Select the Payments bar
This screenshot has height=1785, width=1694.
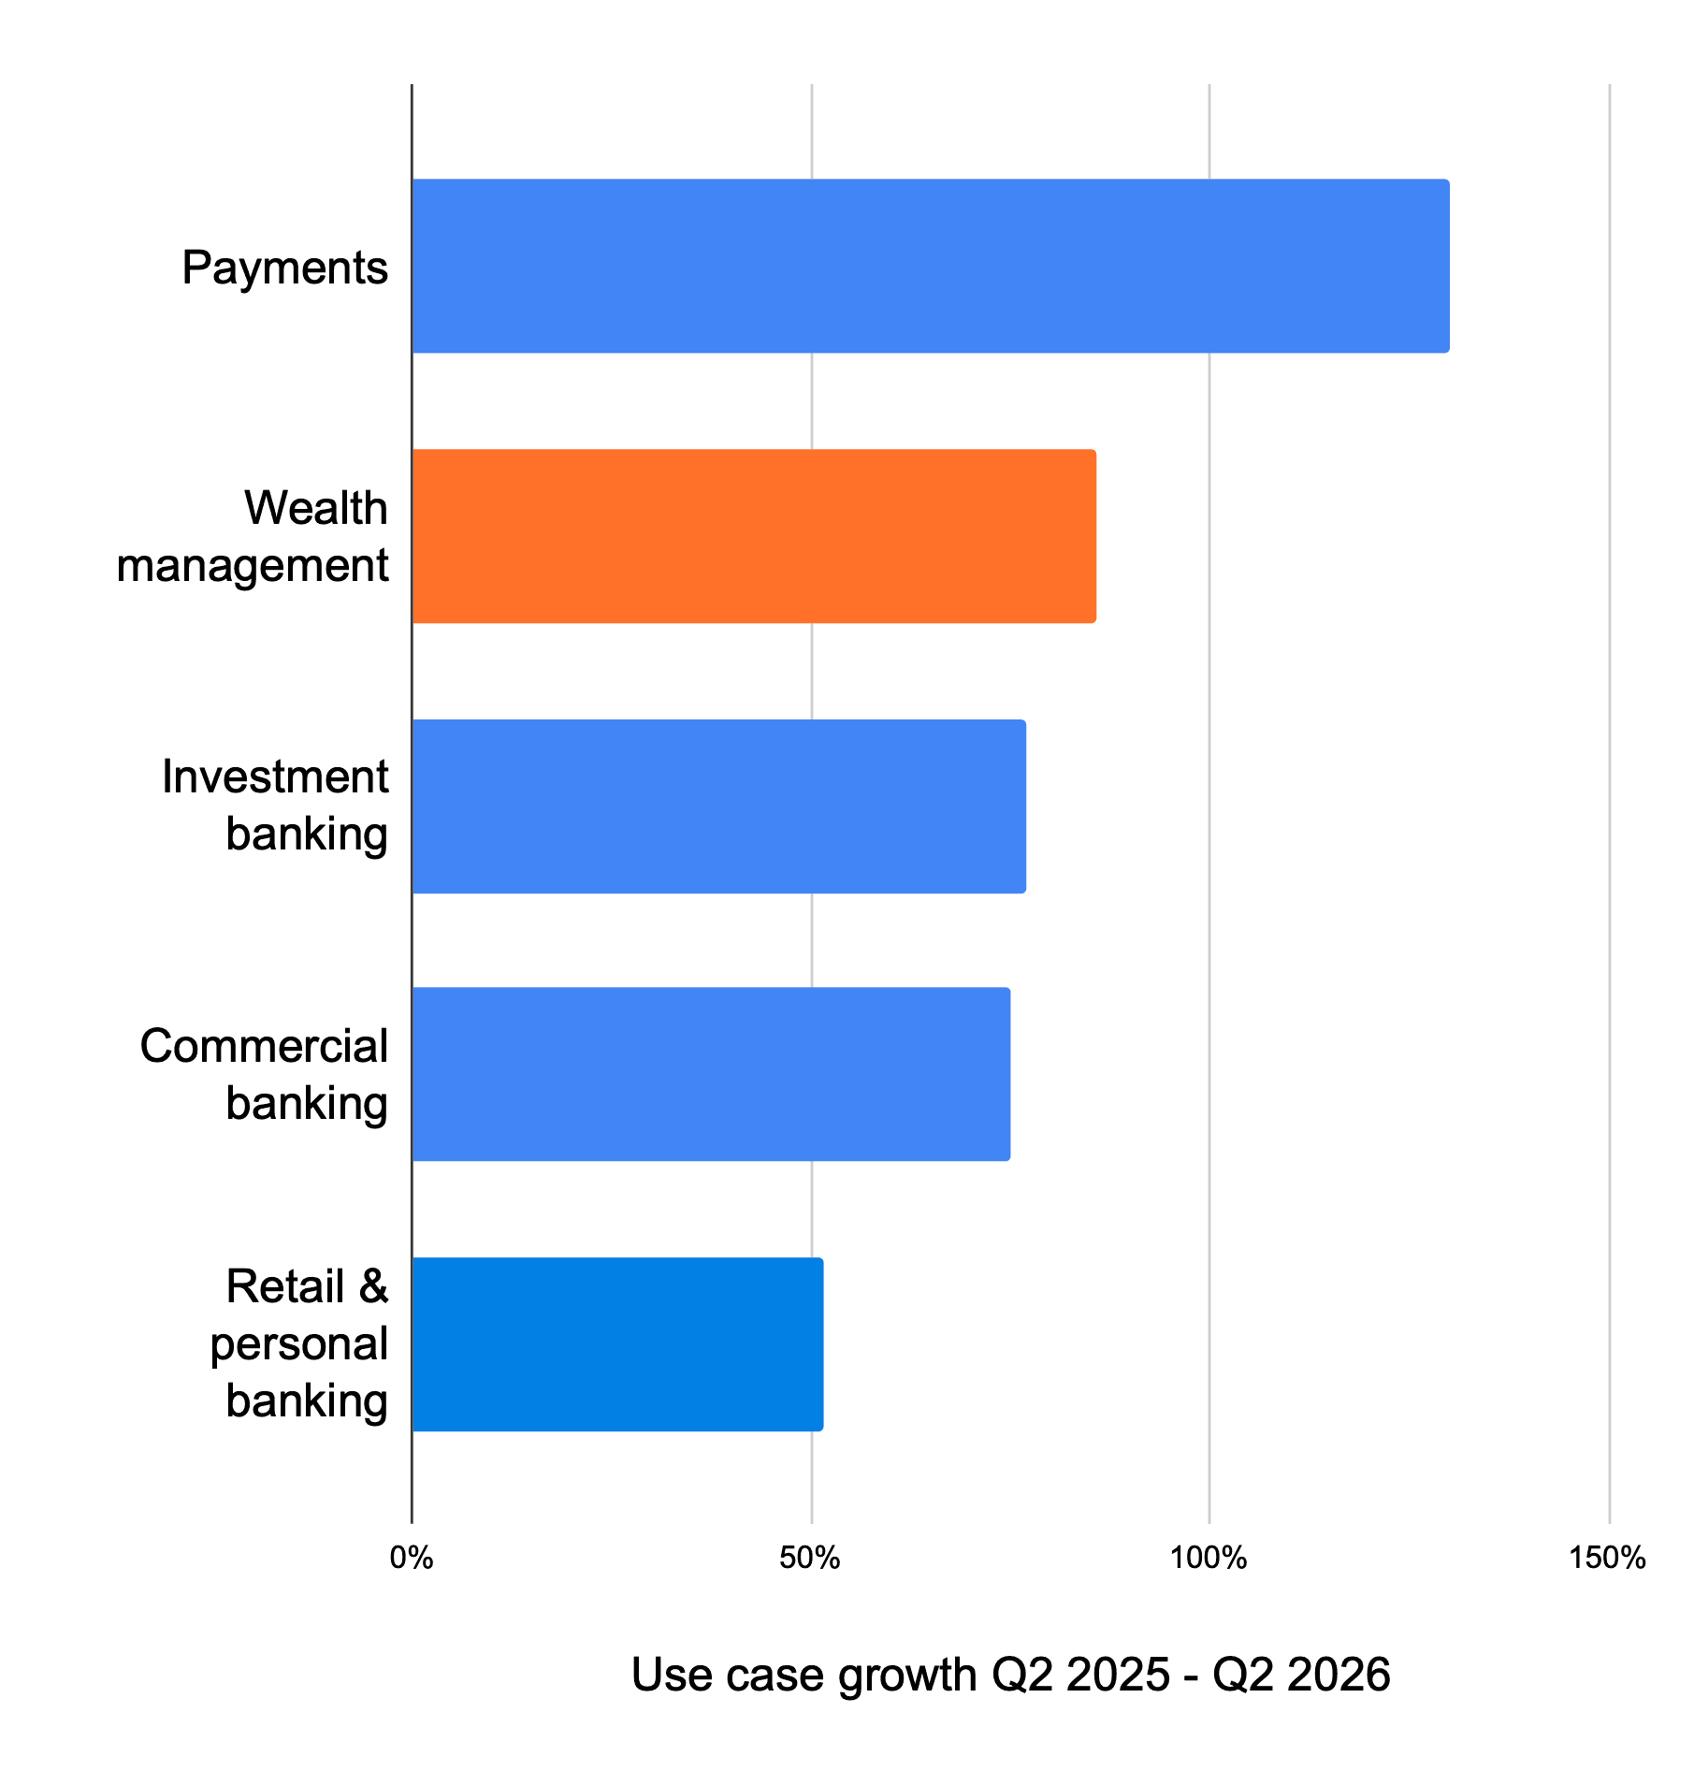point(931,266)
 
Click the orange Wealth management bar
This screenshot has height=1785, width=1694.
point(754,536)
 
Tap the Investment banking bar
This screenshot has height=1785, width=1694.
point(719,806)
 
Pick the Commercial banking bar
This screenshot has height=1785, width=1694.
point(711,1074)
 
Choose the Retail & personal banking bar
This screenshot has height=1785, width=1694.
point(617,1344)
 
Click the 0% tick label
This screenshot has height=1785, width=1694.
point(412,1558)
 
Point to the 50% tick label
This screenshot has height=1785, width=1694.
point(810,1558)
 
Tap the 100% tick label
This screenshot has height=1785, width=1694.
point(1209,1558)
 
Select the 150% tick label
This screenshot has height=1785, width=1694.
point(1608,1558)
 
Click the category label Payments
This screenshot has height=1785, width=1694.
point(285,268)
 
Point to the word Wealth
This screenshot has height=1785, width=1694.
point(316,508)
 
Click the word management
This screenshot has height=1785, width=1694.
point(253,566)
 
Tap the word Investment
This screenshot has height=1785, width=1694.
point(275,776)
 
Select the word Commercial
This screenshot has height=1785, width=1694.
point(264,1046)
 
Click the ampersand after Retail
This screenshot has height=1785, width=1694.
point(373,1286)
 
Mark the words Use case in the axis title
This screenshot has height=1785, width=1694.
point(729,1674)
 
